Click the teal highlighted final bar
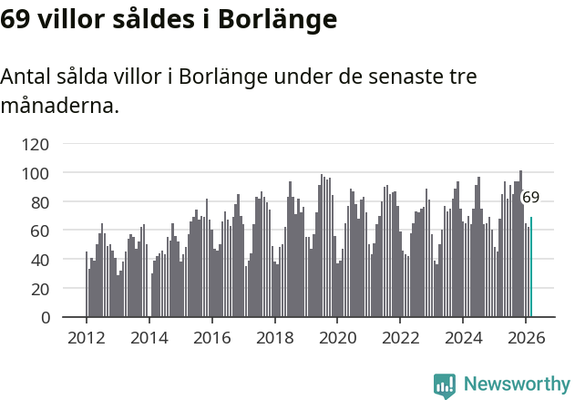pos(531,267)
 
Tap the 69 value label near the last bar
pos(530,197)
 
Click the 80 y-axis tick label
pos(39,201)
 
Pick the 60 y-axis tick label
pos(39,231)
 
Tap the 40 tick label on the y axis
pos(39,260)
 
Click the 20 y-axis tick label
pos(39,289)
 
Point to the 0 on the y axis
pos(44,318)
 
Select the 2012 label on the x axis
pos(87,337)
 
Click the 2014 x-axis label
pos(149,337)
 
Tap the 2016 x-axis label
pos(212,337)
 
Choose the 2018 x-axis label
pos(275,337)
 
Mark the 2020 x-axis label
pos(337,337)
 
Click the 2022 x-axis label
pos(400,337)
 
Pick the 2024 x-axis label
pos(463,337)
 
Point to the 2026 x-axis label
pos(526,337)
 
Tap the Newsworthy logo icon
pos(445,385)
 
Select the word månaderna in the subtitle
pos(59,106)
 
